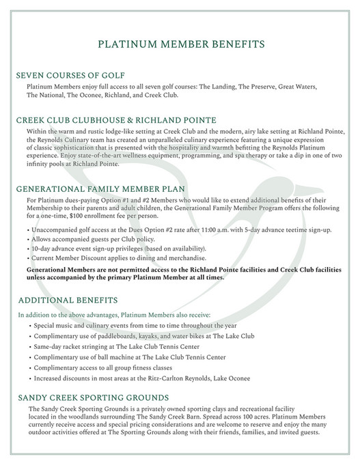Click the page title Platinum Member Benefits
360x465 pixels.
[x=180, y=45]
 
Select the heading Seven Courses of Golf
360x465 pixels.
[x=75, y=75]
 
